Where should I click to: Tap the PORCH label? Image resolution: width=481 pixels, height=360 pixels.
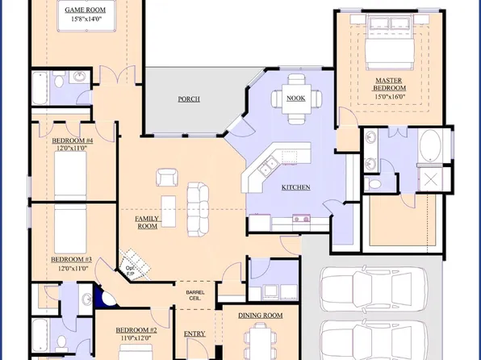189,99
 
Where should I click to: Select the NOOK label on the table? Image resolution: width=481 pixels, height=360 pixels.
295,98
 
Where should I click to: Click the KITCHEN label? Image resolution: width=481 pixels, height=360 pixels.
296,187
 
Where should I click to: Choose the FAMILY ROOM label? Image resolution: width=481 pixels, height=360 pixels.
146,222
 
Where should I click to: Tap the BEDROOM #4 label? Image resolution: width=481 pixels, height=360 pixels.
73,140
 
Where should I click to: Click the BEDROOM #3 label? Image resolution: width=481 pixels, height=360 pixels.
71,259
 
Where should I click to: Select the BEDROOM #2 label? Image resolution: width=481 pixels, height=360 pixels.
136,330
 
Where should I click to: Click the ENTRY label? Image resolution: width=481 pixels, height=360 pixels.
194,333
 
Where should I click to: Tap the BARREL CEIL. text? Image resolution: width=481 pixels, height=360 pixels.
195,295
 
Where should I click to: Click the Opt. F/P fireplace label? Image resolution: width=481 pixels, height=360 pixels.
130,271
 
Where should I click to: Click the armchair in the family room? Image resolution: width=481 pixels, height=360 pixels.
167,177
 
